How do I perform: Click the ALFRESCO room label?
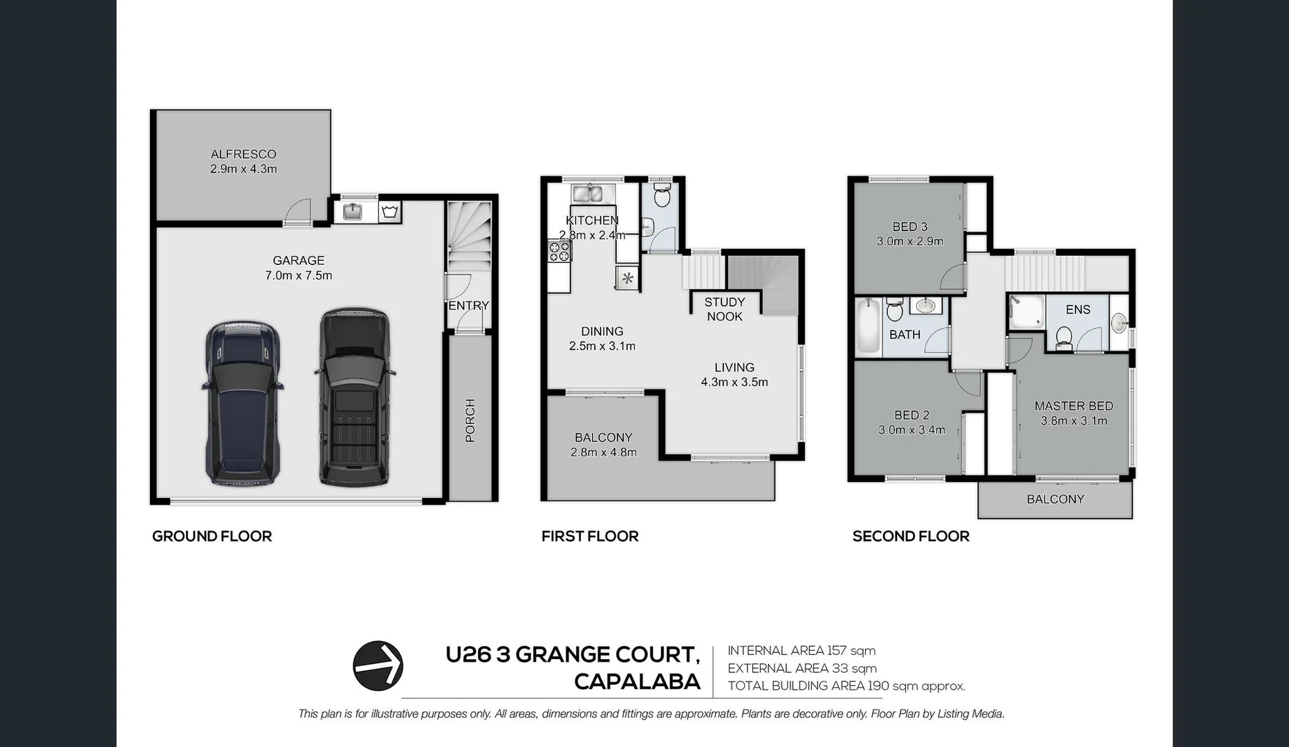243,154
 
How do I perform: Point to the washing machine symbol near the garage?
390,212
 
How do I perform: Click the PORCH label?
470,420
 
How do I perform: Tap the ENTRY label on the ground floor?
468,305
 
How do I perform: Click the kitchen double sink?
593,194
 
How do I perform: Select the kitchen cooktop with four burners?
559,251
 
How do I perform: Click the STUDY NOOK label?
724,309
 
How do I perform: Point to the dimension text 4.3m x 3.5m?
734,382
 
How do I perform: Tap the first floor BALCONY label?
603,437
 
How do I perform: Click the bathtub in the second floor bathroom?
867,327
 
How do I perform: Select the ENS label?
1077,309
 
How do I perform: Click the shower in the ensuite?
1025,311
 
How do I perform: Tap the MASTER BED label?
1073,406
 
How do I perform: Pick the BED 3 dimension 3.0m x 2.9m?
909,241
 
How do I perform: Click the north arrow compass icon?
378,665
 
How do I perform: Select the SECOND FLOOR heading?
910,536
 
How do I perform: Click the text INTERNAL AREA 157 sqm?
801,650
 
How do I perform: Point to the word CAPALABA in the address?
637,681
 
